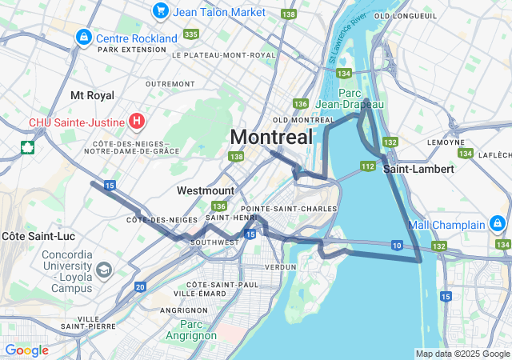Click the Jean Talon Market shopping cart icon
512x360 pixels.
click(x=161, y=11)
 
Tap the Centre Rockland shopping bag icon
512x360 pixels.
click(x=83, y=37)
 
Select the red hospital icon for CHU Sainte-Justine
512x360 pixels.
click(x=137, y=122)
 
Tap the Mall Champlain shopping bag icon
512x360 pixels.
click(x=497, y=222)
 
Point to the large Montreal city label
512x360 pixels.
click(x=271, y=137)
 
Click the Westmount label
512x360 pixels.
click(x=206, y=190)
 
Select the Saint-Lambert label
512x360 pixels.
click(x=418, y=169)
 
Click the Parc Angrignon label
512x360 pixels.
click(x=192, y=330)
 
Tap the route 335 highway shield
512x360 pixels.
click(x=190, y=34)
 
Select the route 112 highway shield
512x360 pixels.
click(x=367, y=166)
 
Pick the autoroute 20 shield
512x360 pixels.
click(x=140, y=286)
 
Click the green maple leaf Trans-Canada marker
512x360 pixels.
click(x=27, y=147)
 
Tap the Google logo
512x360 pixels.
click(x=26, y=350)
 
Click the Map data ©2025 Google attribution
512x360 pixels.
click(x=462, y=354)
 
